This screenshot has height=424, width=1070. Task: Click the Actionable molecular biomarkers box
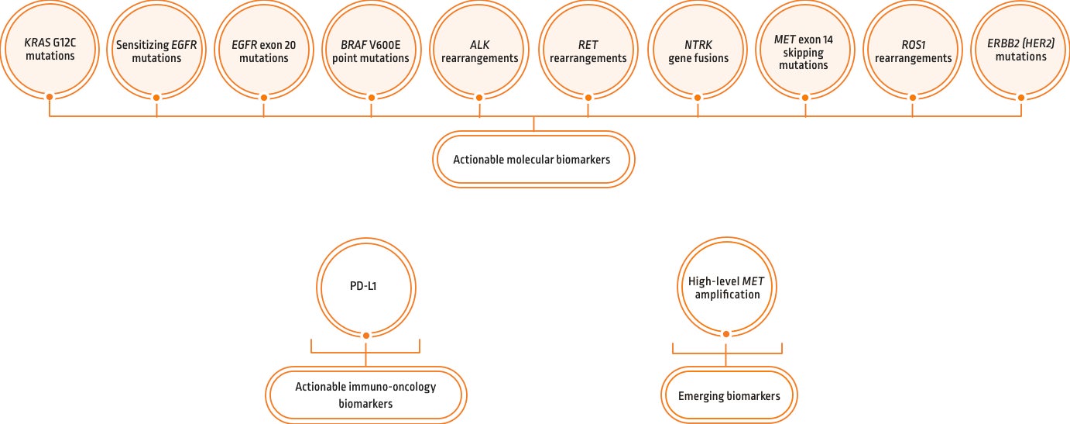533,159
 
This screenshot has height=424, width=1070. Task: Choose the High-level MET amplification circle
725,286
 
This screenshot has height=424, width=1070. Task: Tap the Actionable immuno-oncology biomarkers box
365,395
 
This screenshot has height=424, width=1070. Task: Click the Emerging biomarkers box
729,396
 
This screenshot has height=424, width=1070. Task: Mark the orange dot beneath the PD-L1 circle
365,334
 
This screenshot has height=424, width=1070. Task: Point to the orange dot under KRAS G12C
50,98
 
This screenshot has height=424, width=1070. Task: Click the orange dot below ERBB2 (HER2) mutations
1020,98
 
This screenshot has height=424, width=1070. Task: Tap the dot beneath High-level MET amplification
725,334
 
